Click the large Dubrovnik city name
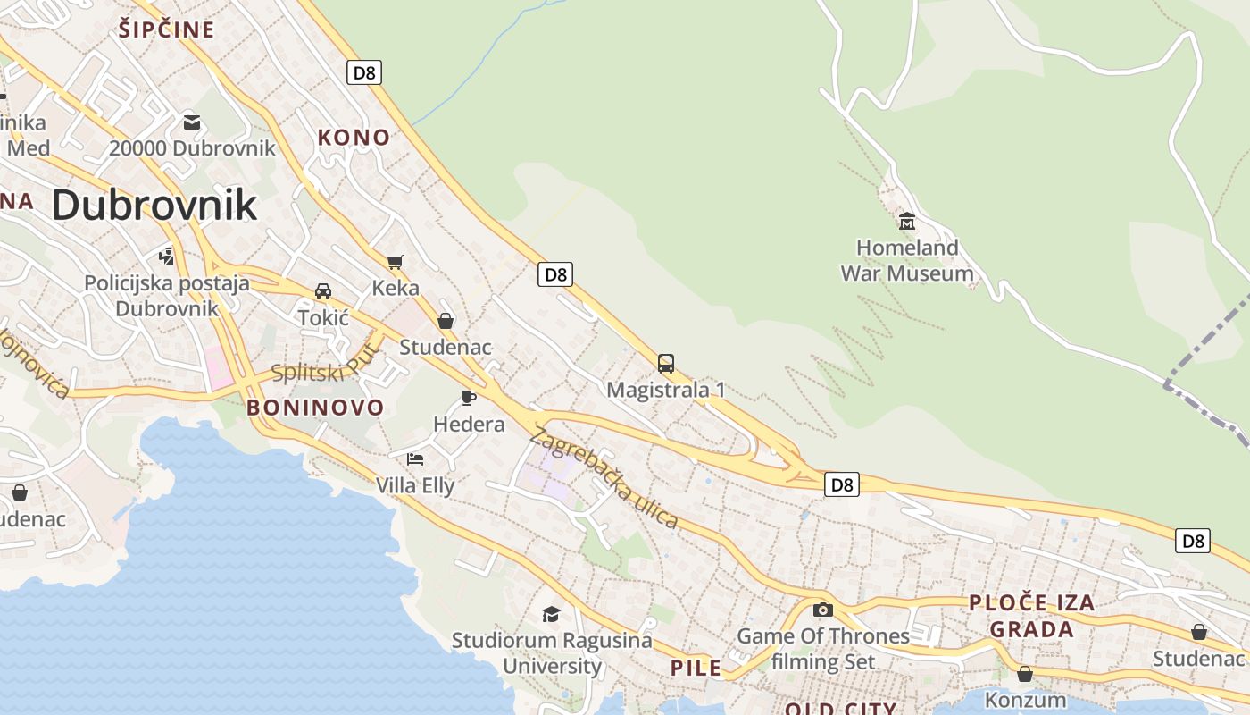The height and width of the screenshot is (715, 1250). [154, 205]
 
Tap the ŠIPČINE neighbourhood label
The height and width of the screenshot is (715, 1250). [167, 30]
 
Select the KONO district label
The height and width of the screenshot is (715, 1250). [354, 138]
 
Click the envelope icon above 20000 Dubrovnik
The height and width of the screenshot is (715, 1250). [192, 122]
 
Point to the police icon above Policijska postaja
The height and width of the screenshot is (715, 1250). [166, 257]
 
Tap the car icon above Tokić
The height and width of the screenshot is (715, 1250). [323, 291]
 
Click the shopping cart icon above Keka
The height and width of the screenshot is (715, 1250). [396, 262]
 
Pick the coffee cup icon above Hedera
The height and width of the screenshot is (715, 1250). [469, 398]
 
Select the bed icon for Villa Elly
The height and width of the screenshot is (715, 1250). [415, 459]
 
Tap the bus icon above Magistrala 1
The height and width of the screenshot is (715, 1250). [666, 364]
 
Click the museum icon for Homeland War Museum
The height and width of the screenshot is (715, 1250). [907, 221]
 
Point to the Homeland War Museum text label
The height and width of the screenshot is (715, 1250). [907, 260]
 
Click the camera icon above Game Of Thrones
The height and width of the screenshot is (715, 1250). [823, 610]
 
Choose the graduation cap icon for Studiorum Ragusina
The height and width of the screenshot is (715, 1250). [551, 614]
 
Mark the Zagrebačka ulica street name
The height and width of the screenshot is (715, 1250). [604, 478]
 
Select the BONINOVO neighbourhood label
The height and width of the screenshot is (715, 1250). [315, 408]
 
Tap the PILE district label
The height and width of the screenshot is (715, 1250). [696, 668]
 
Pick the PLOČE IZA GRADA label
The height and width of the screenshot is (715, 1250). [1032, 616]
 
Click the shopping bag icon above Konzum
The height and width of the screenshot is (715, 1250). [1025, 673]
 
